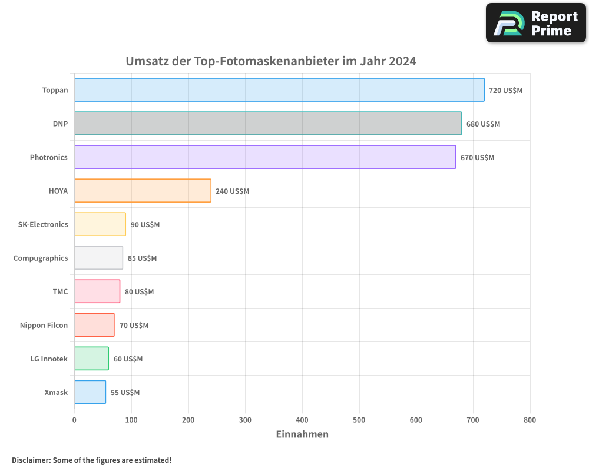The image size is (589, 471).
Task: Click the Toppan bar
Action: [x=279, y=90]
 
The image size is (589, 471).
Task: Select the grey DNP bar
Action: [x=268, y=124]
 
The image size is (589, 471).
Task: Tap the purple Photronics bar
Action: [x=265, y=157]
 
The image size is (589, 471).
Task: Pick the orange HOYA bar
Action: [x=143, y=191]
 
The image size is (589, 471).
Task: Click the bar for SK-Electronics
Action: [x=100, y=224]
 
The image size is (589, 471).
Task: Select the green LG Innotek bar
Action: [x=91, y=359]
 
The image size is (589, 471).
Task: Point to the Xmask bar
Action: [x=90, y=392]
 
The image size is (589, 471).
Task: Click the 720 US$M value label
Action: [x=505, y=91]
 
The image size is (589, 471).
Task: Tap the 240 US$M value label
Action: [x=232, y=191]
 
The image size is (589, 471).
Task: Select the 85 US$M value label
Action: [x=142, y=258]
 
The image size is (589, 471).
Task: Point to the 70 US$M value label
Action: [x=134, y=326]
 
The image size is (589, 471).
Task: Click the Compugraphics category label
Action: [x=41, y=258]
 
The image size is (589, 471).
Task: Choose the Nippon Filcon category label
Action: [x=44, y=325]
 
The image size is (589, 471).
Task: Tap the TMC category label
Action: [x=60, y=291]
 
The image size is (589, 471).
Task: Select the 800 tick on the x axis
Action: [x=530, y=420]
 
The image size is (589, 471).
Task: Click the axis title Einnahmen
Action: [x=302, y=434]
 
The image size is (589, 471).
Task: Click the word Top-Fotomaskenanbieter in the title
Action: [x=266, y=61]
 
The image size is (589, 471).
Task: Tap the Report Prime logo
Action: [x=536, y=23]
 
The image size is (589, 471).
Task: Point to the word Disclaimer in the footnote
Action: [x=31, y=460]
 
